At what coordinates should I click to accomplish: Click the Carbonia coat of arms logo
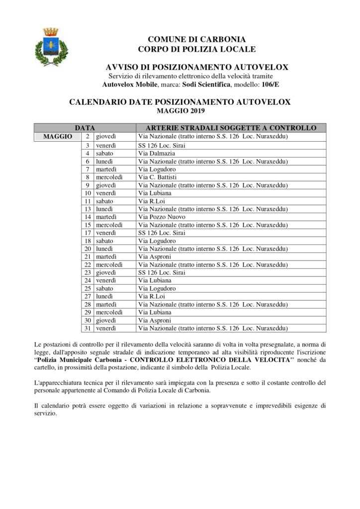pos(51,47)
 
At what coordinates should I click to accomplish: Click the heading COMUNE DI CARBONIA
pos(197,39)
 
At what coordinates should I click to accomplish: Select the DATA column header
pos(85,128)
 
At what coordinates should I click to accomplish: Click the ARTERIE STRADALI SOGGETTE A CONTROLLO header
pos(231,128)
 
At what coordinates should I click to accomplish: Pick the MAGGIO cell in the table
pos(58,136)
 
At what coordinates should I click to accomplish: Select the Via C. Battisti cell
pos(157,177)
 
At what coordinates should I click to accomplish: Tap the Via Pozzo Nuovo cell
pos(162,217)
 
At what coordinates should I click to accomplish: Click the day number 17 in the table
pos(87,233)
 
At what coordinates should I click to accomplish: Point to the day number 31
pos(87,328)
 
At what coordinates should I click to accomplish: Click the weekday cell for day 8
pos(109,177)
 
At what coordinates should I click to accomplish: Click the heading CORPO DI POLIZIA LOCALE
pos(197,49)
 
